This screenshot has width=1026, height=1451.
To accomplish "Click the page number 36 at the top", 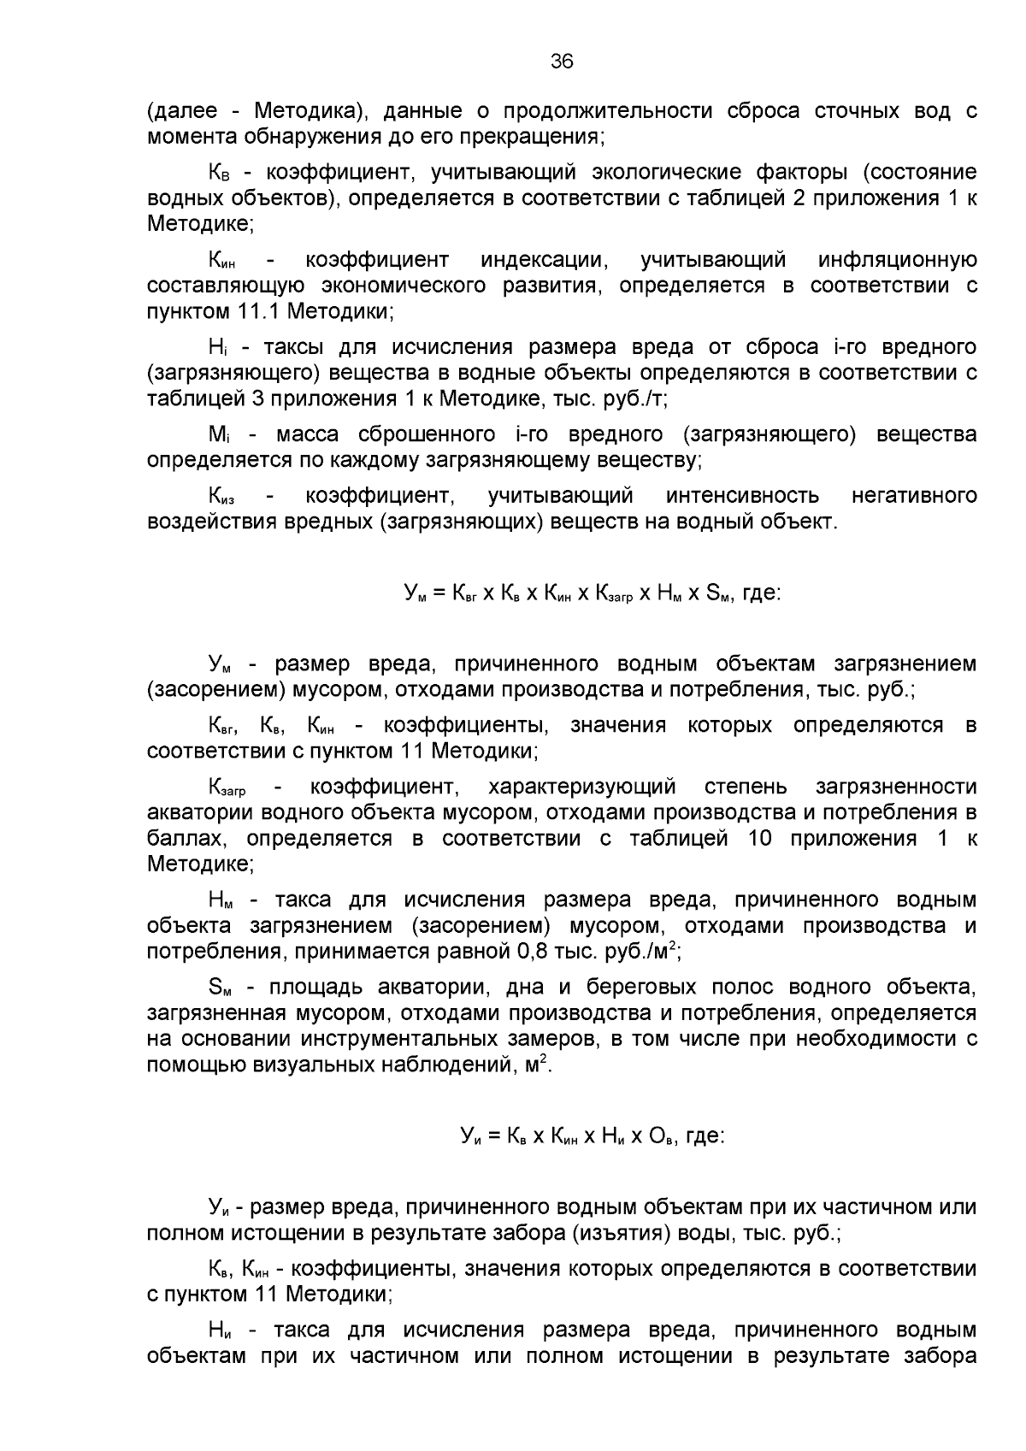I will (x=562, y=61).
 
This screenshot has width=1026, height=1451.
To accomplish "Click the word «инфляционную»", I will (x=897, y=260).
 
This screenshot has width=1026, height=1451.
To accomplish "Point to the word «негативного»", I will (x=914, y=496).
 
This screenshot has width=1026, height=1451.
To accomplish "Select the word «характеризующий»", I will (x=581, y=787).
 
